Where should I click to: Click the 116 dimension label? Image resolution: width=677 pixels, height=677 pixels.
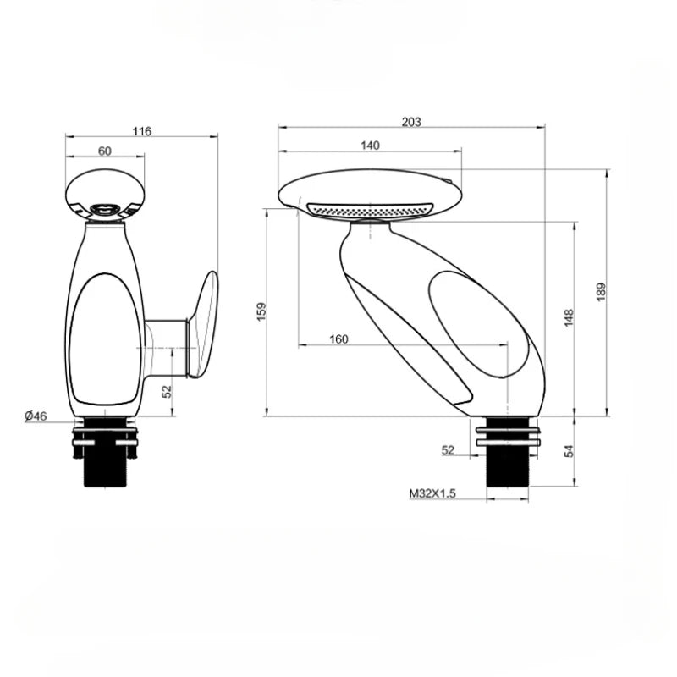pyautogui.click(x=142, y=130)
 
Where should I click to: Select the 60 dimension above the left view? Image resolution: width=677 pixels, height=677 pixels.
pyautogui.click(x=105, y=151)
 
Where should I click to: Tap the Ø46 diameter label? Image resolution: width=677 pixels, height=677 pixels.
pyautogui.click(x=35, y=416)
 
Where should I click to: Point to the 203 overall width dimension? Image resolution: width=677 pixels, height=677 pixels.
pyautogui.click(x=411, y=122)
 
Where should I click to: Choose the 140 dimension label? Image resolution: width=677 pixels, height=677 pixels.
pyautogui.click(x=370, y=145)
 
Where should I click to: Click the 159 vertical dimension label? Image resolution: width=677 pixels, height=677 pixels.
pyautogui.click(x=261, y=311)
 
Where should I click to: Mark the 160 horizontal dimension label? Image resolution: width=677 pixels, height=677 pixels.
pyautogui.click(x=338, y=339)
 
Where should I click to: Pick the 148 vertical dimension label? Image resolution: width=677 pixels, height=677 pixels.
pyautogui.click(x=569, y=317)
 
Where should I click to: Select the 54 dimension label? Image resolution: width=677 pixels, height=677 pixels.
pyautogui.click(x=569, y=451)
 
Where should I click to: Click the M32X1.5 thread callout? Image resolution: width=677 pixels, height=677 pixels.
pyautogui.click(x=432, y=493)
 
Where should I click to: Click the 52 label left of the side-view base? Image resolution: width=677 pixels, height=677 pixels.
pyautogui.click(x=448, y=450)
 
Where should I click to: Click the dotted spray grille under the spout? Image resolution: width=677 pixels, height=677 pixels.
pyautogui.click(x=369, y=209)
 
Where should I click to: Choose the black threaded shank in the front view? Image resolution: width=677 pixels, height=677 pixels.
pyautogui.click(x=106, y=468)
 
